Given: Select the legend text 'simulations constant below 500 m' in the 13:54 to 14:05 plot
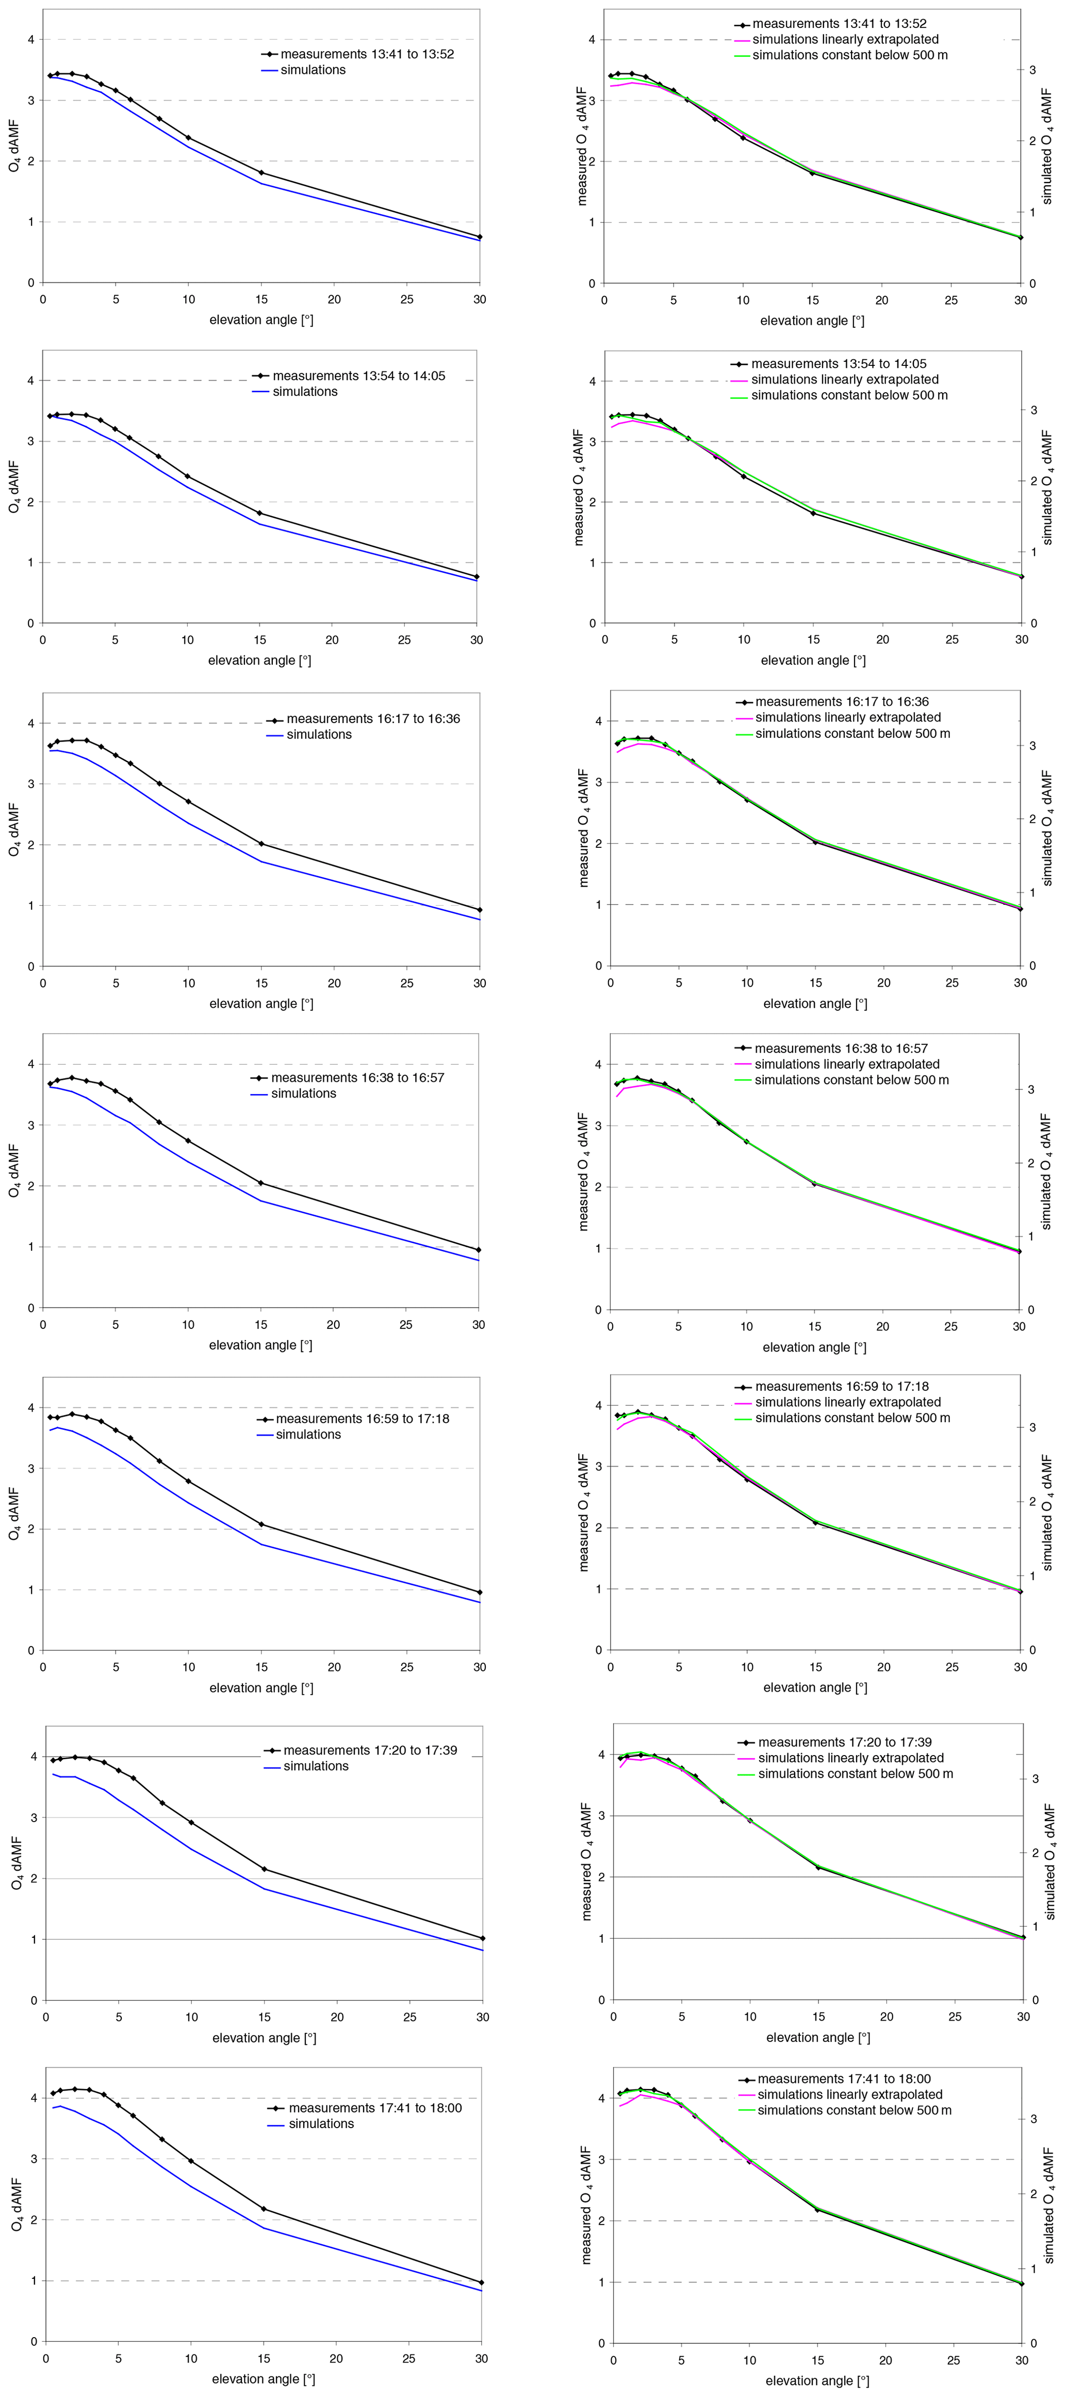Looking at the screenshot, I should click(x=848, y=395).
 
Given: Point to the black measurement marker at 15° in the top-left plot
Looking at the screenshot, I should click(x=261, y=172).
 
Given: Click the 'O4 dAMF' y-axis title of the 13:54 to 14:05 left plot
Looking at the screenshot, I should click(x=14, y=486).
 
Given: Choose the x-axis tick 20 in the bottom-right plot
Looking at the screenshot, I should click(x=885, y=2360).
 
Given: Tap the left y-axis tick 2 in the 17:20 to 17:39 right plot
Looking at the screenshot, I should click(x=601, y=1877).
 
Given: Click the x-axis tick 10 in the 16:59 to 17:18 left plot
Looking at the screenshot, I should click(x=189, y=1667).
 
